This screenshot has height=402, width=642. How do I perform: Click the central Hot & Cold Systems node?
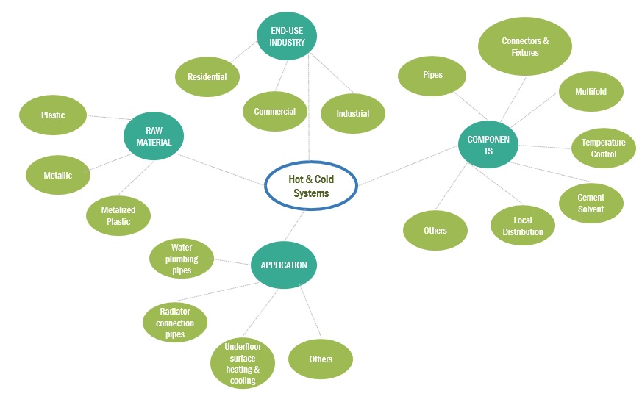point(310,185)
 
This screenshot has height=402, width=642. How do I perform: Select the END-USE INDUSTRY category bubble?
point(286,37)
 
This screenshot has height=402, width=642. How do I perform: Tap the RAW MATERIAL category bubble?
point(154,136)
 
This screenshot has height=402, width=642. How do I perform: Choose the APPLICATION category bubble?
point(284,265)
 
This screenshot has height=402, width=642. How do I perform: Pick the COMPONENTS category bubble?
point(488,145)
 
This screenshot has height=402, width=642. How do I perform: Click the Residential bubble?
point(207,76)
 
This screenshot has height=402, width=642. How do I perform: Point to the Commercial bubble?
point(275,112)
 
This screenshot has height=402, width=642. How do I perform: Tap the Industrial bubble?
point(353,114)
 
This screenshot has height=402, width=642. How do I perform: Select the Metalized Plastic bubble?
point(118,216)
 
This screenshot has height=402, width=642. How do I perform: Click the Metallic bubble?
point(57,176)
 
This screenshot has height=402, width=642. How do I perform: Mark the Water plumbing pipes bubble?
point(182,259)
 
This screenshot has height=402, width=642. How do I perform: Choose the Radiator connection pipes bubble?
point(174,323)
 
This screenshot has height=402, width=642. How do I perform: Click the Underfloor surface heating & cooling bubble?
point(243,364)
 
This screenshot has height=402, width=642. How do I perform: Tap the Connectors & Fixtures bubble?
point(525,47)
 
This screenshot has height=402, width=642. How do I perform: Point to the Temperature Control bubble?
point(603,148)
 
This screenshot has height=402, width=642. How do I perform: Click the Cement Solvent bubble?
point(591,203)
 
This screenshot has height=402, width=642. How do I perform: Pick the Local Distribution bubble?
point(523,226)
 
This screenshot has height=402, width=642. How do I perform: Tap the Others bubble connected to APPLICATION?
point(321,359)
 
